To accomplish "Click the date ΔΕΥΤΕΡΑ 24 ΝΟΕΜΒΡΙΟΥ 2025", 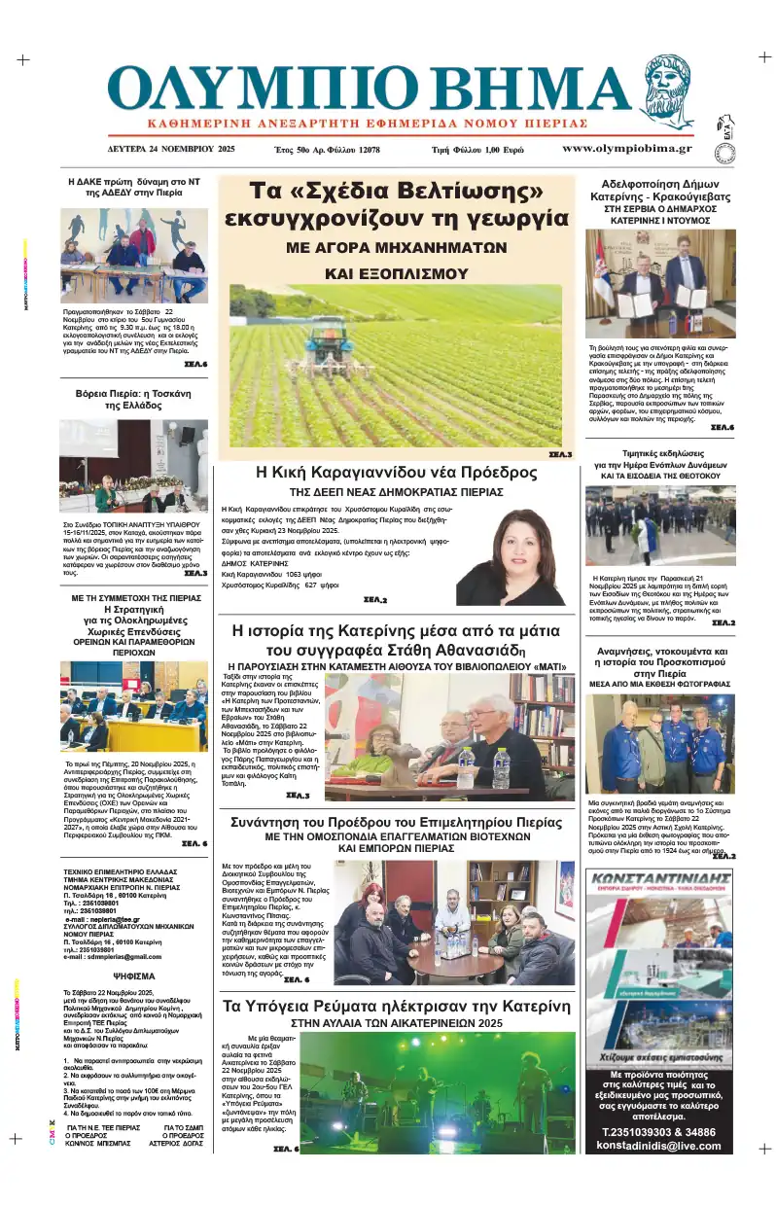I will point(171,150).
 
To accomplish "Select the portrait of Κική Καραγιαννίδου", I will point(511,555).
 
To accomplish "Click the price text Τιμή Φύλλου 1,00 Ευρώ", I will point(477,150).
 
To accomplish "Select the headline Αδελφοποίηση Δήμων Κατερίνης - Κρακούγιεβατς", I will point(659,192).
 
